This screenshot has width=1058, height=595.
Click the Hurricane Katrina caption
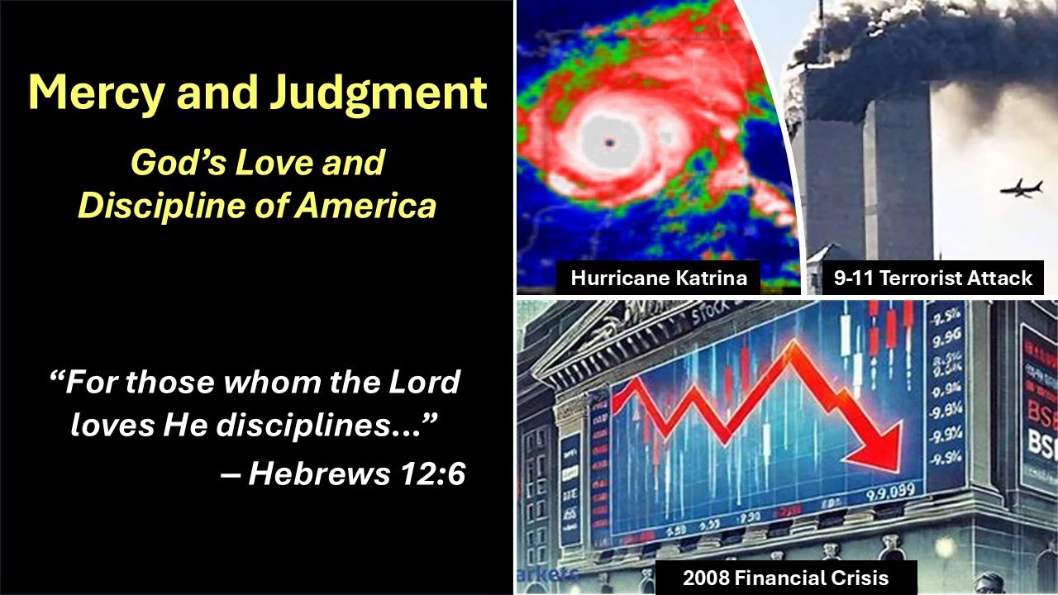point(658,278)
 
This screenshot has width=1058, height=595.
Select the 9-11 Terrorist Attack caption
point(932,278)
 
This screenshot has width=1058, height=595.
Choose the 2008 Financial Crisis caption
point(785,578)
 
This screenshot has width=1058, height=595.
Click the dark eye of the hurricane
point(610,142)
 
